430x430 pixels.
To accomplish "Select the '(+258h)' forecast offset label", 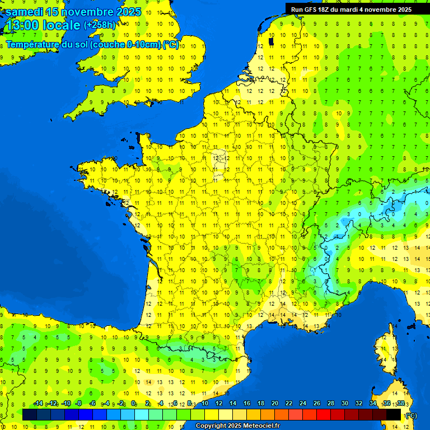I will click(x=100, y=25).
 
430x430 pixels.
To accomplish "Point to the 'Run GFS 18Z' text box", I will click(x=351, y=9).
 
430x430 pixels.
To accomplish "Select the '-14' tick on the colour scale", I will click(x=38, y=403).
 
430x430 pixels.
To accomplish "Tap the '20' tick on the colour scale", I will click(x=274, y=403).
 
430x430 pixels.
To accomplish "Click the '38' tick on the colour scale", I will click(x=400, y=403).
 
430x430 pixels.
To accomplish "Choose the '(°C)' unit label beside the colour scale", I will click(x=411, y=415).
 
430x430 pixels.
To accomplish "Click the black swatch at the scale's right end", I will click(x=394, y=415).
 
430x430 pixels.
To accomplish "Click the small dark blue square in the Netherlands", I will click(x=272, y=41).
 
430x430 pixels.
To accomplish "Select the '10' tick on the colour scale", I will click(x=204, y=403).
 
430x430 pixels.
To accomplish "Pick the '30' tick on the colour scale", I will click(x=344, y=403).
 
